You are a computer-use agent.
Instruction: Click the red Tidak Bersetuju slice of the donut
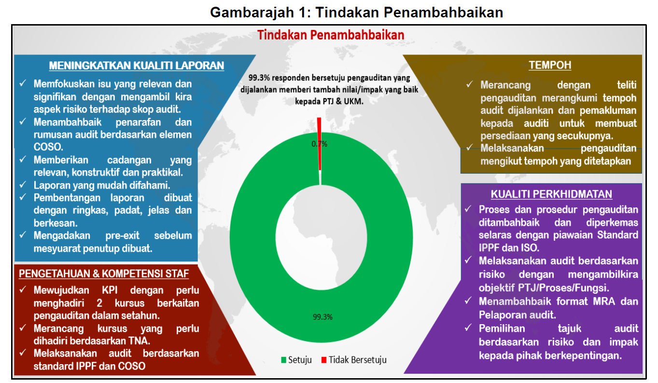click(319, 144)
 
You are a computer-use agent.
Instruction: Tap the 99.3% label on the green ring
click(322, 317)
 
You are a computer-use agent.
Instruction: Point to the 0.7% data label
click(319, 144)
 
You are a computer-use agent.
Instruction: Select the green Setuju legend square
click(283, 360)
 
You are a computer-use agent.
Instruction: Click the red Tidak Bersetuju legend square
click(324, 360)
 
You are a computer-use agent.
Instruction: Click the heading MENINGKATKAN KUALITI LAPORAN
click(137, 66)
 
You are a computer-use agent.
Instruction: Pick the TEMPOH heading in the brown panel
click(550, 65)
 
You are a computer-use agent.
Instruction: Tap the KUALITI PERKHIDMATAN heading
click(551, 194)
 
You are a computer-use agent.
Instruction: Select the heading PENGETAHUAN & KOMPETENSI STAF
click(104, 274)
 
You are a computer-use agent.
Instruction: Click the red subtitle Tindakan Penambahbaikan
click(331, 35)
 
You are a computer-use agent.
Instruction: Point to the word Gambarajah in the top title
click(252, 13)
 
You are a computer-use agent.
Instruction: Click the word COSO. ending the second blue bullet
click(48, 147)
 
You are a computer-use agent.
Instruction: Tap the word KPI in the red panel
click(110, 290)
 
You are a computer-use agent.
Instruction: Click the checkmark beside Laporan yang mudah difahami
click(23, 184)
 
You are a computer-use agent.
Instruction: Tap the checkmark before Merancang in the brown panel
click(469, 84)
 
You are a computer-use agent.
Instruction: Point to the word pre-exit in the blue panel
click(122, 236)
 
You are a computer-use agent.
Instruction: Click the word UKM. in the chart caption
click(354, 102)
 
